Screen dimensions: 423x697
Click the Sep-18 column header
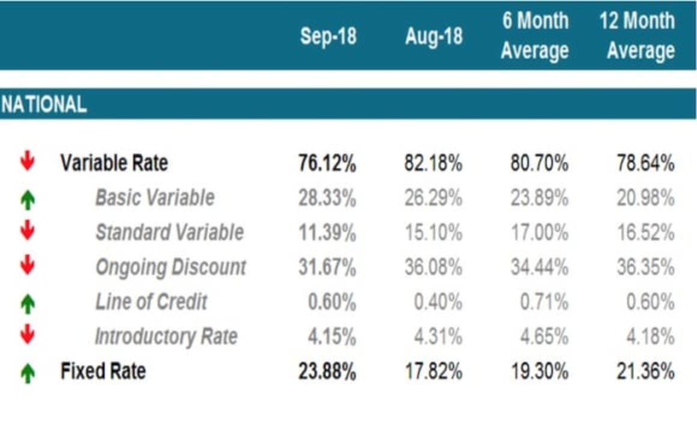[x=328, y=37]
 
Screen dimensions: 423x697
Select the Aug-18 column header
[x=433, y=37]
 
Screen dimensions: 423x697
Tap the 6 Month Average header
[x=535, y=35]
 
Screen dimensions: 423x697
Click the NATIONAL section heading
[x=43, y=105]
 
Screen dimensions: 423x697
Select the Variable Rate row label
[x=114, y=163]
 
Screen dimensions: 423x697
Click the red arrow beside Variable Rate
[x=27, y=162]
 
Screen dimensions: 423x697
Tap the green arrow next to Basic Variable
[x=27, y=199]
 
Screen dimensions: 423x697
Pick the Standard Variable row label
[x=169, y=233]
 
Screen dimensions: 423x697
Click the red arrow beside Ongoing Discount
[x=27, y=266]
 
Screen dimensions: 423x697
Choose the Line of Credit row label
[x=151, y=302]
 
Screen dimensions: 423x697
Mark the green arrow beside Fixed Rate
[x=27, y=373]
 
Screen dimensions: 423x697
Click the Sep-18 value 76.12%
[x=327, y=163]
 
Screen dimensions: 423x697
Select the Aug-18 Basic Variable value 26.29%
[x=433, y=198]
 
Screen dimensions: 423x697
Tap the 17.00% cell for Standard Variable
[x=539, y=233]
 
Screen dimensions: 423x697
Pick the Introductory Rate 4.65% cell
[x=544, y=337]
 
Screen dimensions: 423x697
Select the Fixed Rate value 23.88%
[x=327, y=372]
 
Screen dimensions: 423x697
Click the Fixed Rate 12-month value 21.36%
[x=645, y=372]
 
